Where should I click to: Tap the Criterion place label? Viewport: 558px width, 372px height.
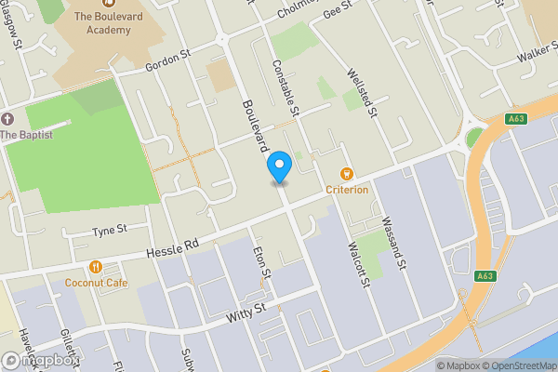(347, 190)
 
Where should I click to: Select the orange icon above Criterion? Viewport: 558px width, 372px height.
(347, 173)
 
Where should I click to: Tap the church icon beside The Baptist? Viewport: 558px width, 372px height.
(8, 119)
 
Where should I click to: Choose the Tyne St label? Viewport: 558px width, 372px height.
(108, 230)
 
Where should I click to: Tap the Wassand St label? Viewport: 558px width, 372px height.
(395, 245)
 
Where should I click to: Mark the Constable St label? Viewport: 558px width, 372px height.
(284, 88)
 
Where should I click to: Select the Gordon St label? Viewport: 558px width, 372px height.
(167, 62)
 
